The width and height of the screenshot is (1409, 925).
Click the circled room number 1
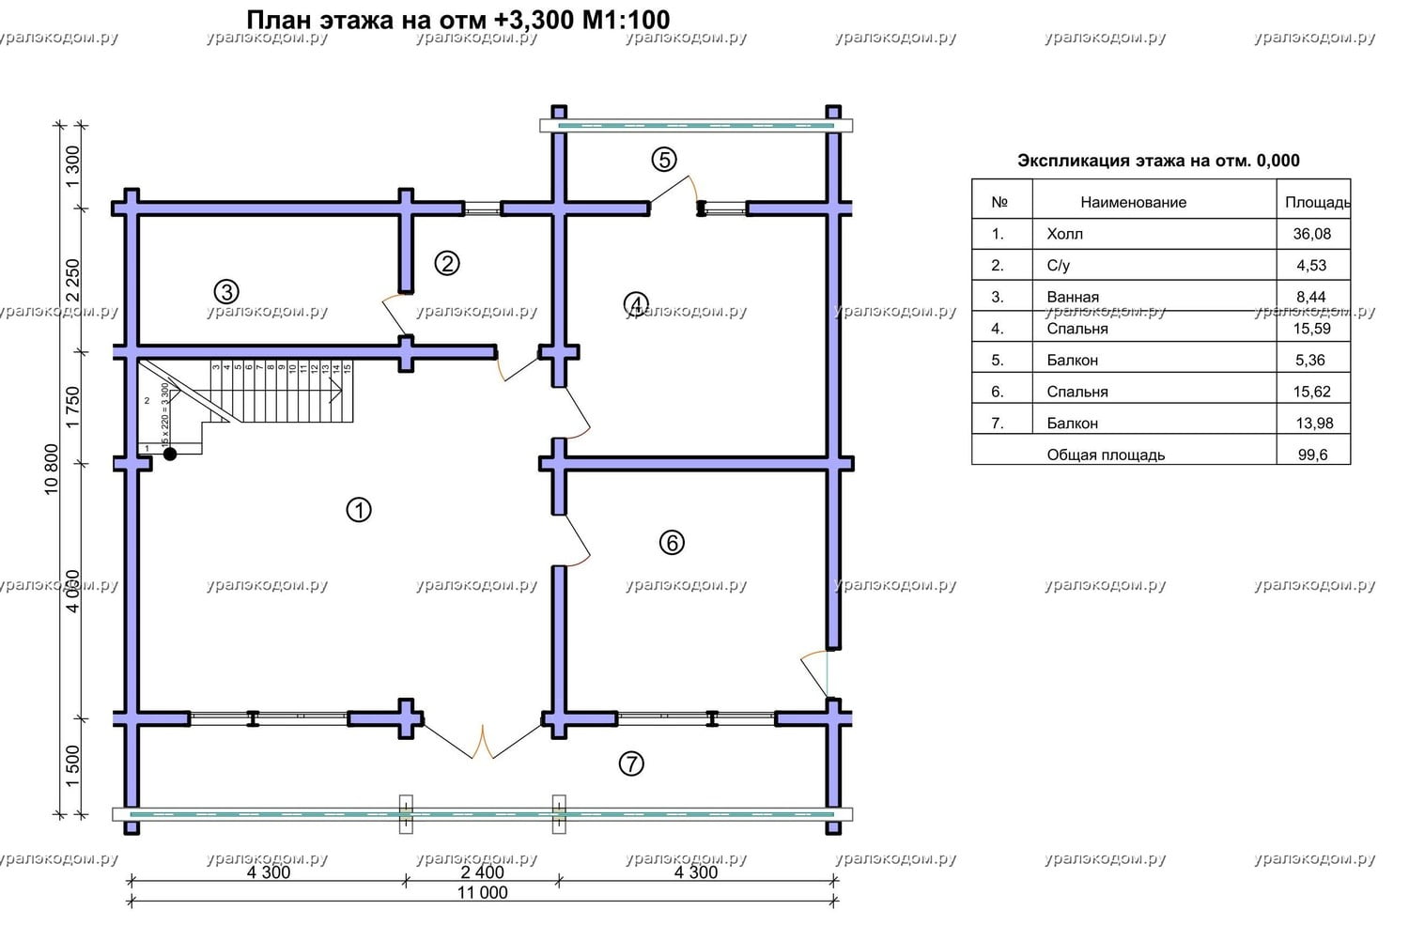tap(359, 510)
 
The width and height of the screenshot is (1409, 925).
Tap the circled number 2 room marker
tap(447, 264)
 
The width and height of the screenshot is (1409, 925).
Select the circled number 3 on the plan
tap(225, 290)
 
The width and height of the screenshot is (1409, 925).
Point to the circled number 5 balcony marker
tap(664, 160)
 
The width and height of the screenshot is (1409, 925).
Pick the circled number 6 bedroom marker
tap(672, 542)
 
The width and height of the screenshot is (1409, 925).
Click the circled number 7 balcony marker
tap(631, 764)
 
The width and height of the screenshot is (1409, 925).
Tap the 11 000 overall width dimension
tap(482, 892)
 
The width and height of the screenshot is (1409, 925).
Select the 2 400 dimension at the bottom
tap(482, 871)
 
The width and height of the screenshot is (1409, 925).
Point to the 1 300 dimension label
tap(73, 166)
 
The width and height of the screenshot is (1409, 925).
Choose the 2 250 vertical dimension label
tap(73, 281)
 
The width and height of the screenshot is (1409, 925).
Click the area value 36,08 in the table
tap(1311, 234)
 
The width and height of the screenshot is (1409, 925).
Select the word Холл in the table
tap(1064, 234)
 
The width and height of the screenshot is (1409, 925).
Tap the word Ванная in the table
tap(1073, 297)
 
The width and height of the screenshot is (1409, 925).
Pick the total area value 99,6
tap(1311, 455)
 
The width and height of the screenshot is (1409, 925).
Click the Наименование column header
tap(1133, 202)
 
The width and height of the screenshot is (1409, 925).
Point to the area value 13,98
tap(1314, 423)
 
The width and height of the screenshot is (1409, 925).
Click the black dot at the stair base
tap(170, 455)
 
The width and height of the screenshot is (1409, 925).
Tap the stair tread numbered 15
tap(347, 368)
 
